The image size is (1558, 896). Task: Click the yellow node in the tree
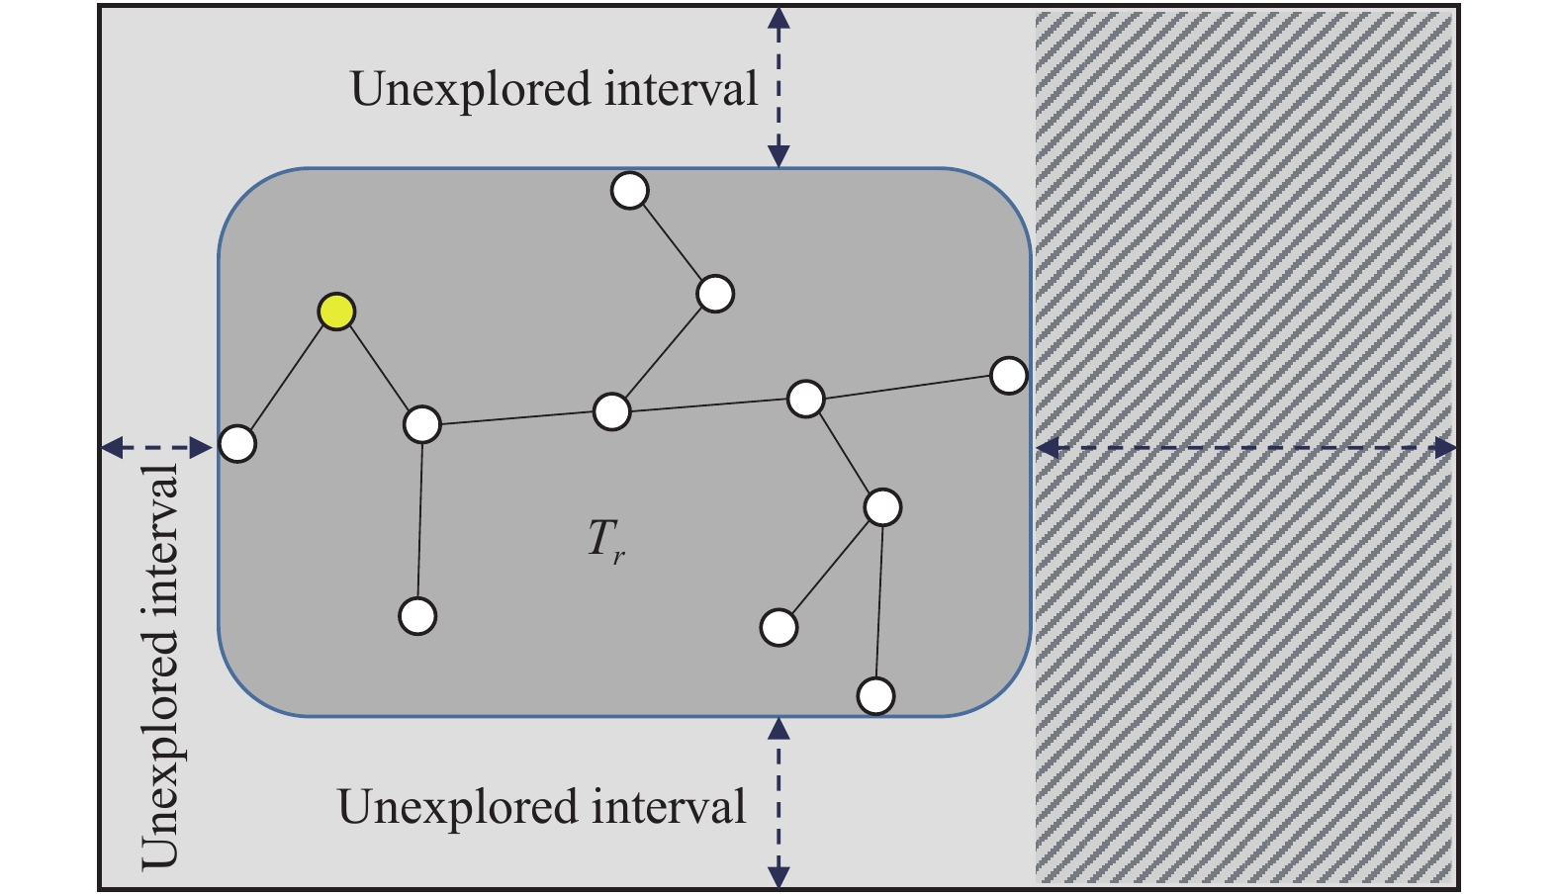point(336,312)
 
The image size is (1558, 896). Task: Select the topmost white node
point(630,191)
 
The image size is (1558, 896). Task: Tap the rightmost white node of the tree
point(1009,376)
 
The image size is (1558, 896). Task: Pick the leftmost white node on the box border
point(237,443)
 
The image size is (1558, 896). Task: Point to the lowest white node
point(876,696)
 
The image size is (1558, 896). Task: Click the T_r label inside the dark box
point(606,541)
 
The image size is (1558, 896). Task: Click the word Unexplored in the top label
point(471,90)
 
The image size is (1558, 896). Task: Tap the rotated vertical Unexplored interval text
point(160,668)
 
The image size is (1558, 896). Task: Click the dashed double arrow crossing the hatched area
point(1246,448)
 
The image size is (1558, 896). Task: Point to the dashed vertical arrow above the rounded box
point(779,88)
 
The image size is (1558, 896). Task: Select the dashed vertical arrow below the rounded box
point(779,803)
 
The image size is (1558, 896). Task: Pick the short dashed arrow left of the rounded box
point(156,447)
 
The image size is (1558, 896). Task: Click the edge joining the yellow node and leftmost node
point(287,378)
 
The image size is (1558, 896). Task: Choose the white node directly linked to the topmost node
point(715,294)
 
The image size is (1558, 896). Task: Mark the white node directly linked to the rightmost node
point(805,399)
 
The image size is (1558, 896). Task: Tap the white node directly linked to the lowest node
point(883,506)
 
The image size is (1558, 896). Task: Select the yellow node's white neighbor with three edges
point(422,424)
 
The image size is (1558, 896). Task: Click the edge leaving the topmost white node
point(673,242)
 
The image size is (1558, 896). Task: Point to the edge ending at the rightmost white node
point(907,387)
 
